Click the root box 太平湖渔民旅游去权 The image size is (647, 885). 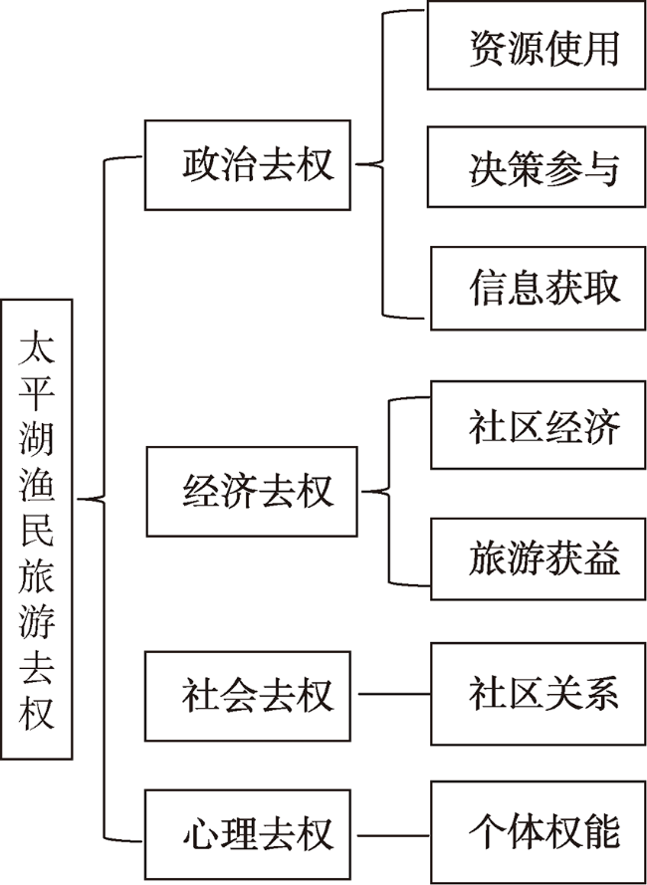coord(37,529)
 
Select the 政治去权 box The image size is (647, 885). coord(247,165)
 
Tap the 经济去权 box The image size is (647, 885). coord(252,491)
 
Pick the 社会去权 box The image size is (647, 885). coord(247,696)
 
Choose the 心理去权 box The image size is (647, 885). coord(247,835)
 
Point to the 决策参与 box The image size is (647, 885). coord(537,166)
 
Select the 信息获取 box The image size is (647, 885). coord(539,288)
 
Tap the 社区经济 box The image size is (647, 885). coord(539,424)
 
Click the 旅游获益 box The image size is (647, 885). coord(539,558)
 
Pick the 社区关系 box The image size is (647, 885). coord(539,694)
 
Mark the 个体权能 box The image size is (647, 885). coord(539,832)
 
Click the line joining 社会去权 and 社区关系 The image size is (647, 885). coord(394,694)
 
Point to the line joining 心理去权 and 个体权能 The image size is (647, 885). coord(394,835)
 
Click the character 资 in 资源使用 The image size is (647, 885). coord(487,49)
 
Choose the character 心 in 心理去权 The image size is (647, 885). coord(200,833)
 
